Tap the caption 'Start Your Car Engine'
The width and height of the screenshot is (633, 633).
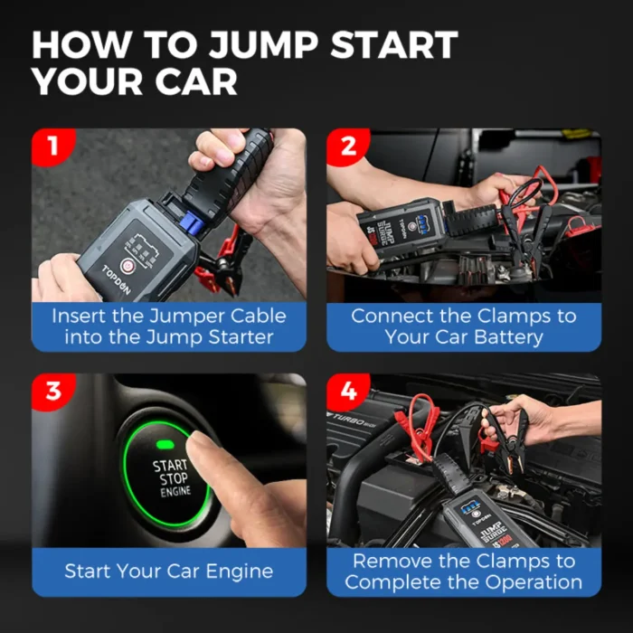pos(169,572)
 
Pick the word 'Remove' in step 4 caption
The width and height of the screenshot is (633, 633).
pos(392,561)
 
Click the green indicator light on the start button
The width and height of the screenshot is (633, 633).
pos(165,444)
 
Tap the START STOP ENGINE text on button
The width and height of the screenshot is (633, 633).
pos(171,478)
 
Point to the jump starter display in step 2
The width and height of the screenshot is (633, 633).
pos(423,221)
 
